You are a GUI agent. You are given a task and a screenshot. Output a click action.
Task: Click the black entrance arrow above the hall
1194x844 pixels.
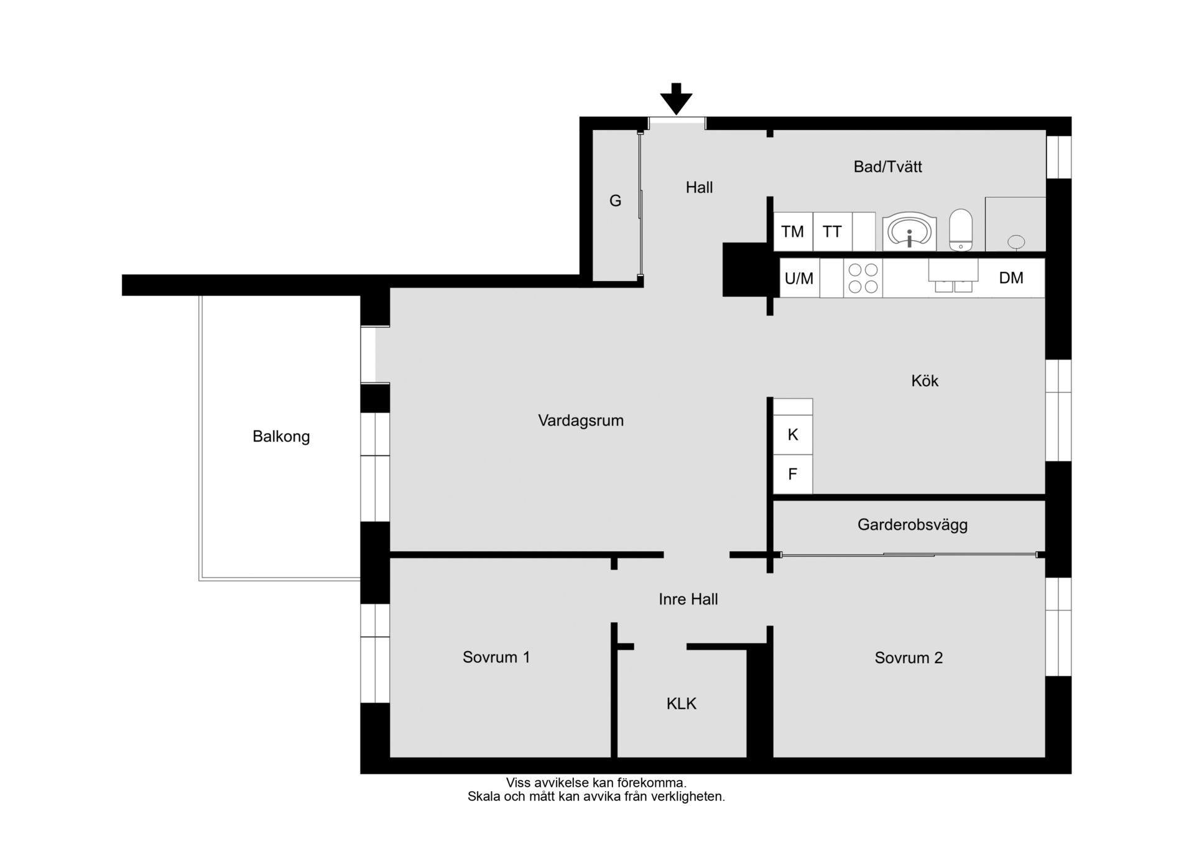pos(676,99)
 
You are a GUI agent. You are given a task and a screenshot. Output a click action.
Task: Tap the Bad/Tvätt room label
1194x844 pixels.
pos(887,167)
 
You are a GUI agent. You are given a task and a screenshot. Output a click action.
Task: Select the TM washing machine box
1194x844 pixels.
pos(793,232)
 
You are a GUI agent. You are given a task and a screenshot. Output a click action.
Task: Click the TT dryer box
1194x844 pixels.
pos(832,232)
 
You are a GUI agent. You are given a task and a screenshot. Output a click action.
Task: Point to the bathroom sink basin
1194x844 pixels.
pos(910,231)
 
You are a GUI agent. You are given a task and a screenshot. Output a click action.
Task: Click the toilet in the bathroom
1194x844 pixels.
pos(961,230)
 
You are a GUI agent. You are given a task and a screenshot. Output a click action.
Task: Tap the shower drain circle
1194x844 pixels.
pos(1016,241)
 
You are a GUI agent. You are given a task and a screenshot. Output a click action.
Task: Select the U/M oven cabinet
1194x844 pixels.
pos(800,278)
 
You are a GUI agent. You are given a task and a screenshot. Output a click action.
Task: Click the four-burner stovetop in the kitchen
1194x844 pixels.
pos(863,278)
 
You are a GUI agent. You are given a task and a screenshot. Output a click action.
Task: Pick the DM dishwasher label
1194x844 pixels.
pos(1011,278)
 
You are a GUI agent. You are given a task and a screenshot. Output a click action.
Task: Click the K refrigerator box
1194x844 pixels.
pos(793,435)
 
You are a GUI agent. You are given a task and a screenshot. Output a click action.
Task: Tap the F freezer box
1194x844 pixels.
pos(793,475)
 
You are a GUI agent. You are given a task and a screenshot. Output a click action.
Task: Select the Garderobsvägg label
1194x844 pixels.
pos(912,525)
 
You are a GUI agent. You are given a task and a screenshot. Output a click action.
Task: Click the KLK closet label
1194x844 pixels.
pos(682,703)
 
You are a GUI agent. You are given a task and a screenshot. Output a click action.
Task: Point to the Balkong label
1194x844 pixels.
pos(281,437)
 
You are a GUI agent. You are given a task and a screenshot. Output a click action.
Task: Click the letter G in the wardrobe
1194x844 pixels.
pos(615,200)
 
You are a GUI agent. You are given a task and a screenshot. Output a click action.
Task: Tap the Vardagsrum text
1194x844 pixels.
pos(581,421)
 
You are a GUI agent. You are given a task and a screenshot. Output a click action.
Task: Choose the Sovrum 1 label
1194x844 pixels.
pos(496,657)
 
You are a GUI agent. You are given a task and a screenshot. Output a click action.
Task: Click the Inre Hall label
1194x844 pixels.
pos(688,599)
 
